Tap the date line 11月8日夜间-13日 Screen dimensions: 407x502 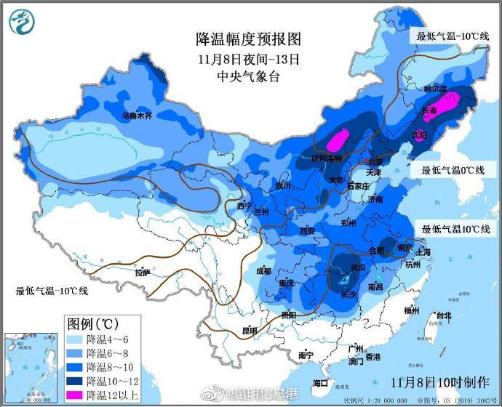tap(248, 58)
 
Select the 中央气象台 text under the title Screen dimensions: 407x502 tap(248, 76)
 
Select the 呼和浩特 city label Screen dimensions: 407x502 tap(327, 158)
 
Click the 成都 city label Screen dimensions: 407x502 tap(263, 270)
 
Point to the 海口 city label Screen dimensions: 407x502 tap(321, 382)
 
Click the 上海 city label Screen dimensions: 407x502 tap(424, 251)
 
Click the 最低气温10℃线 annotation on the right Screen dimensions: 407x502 tap(455, 230)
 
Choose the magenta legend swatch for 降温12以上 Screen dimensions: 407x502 tap(75, 394)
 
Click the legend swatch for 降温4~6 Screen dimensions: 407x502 tap(75, 339)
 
